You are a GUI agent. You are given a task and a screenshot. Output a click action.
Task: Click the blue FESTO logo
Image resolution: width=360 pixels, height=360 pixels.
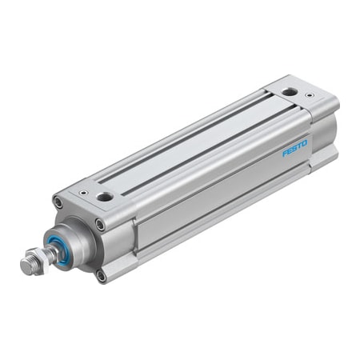pos(295,148)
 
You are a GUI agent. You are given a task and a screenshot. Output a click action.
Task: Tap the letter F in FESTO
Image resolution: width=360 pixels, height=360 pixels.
pos(286,153)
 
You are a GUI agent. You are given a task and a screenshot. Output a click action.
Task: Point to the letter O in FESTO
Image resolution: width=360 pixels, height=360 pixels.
pos(304,143)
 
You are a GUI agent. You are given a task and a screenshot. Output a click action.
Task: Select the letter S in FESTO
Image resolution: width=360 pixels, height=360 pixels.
pos(295,148)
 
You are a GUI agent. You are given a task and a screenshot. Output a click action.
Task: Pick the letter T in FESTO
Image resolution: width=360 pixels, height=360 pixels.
pos(299,146)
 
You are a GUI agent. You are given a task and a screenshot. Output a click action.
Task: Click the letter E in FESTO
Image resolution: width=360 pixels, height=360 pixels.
pos(290,150)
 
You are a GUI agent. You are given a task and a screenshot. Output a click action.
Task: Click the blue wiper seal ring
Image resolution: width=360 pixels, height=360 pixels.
pos(57,246)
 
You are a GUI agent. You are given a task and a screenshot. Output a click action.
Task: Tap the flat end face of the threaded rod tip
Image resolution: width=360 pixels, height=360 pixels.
pos(26,265)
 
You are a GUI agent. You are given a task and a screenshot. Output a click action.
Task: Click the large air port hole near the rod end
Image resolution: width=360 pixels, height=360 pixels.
pos(105,198)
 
